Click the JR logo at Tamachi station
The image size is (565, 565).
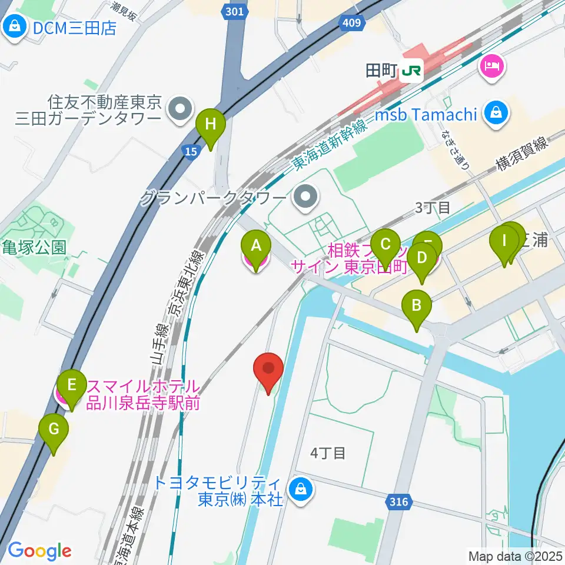click(x=411, y=71)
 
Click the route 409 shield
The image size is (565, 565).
click(x=350, y=24)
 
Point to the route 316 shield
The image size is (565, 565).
click(x=398, y=501)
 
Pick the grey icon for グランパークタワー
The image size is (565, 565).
click(x=305, y=197)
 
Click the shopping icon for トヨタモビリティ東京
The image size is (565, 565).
click(x=301, y=488)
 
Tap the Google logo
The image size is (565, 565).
click(x=39, y=551)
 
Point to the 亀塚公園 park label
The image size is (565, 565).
click(x=34, y=247)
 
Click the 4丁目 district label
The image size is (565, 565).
click(x=327, y=453)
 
